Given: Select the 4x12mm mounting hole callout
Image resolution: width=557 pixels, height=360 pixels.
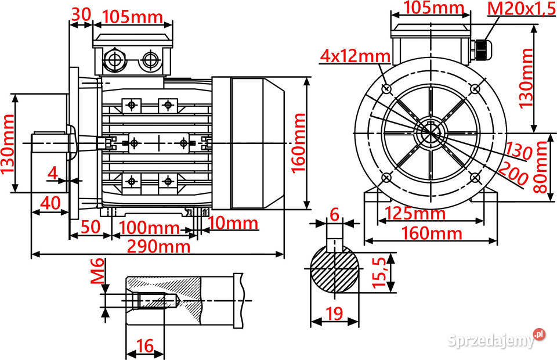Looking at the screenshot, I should [356, 56].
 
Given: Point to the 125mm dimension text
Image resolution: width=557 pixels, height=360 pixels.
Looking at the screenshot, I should [415, 213].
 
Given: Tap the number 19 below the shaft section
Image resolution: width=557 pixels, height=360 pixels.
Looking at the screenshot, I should [334, 314].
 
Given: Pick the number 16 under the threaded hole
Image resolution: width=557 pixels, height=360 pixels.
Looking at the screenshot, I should [144, 346].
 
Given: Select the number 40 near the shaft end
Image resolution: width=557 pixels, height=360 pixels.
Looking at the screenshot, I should [50, 204].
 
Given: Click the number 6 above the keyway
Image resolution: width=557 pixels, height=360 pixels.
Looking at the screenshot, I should [334, 214].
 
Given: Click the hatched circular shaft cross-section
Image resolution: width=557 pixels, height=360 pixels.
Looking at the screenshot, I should [335, 270].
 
